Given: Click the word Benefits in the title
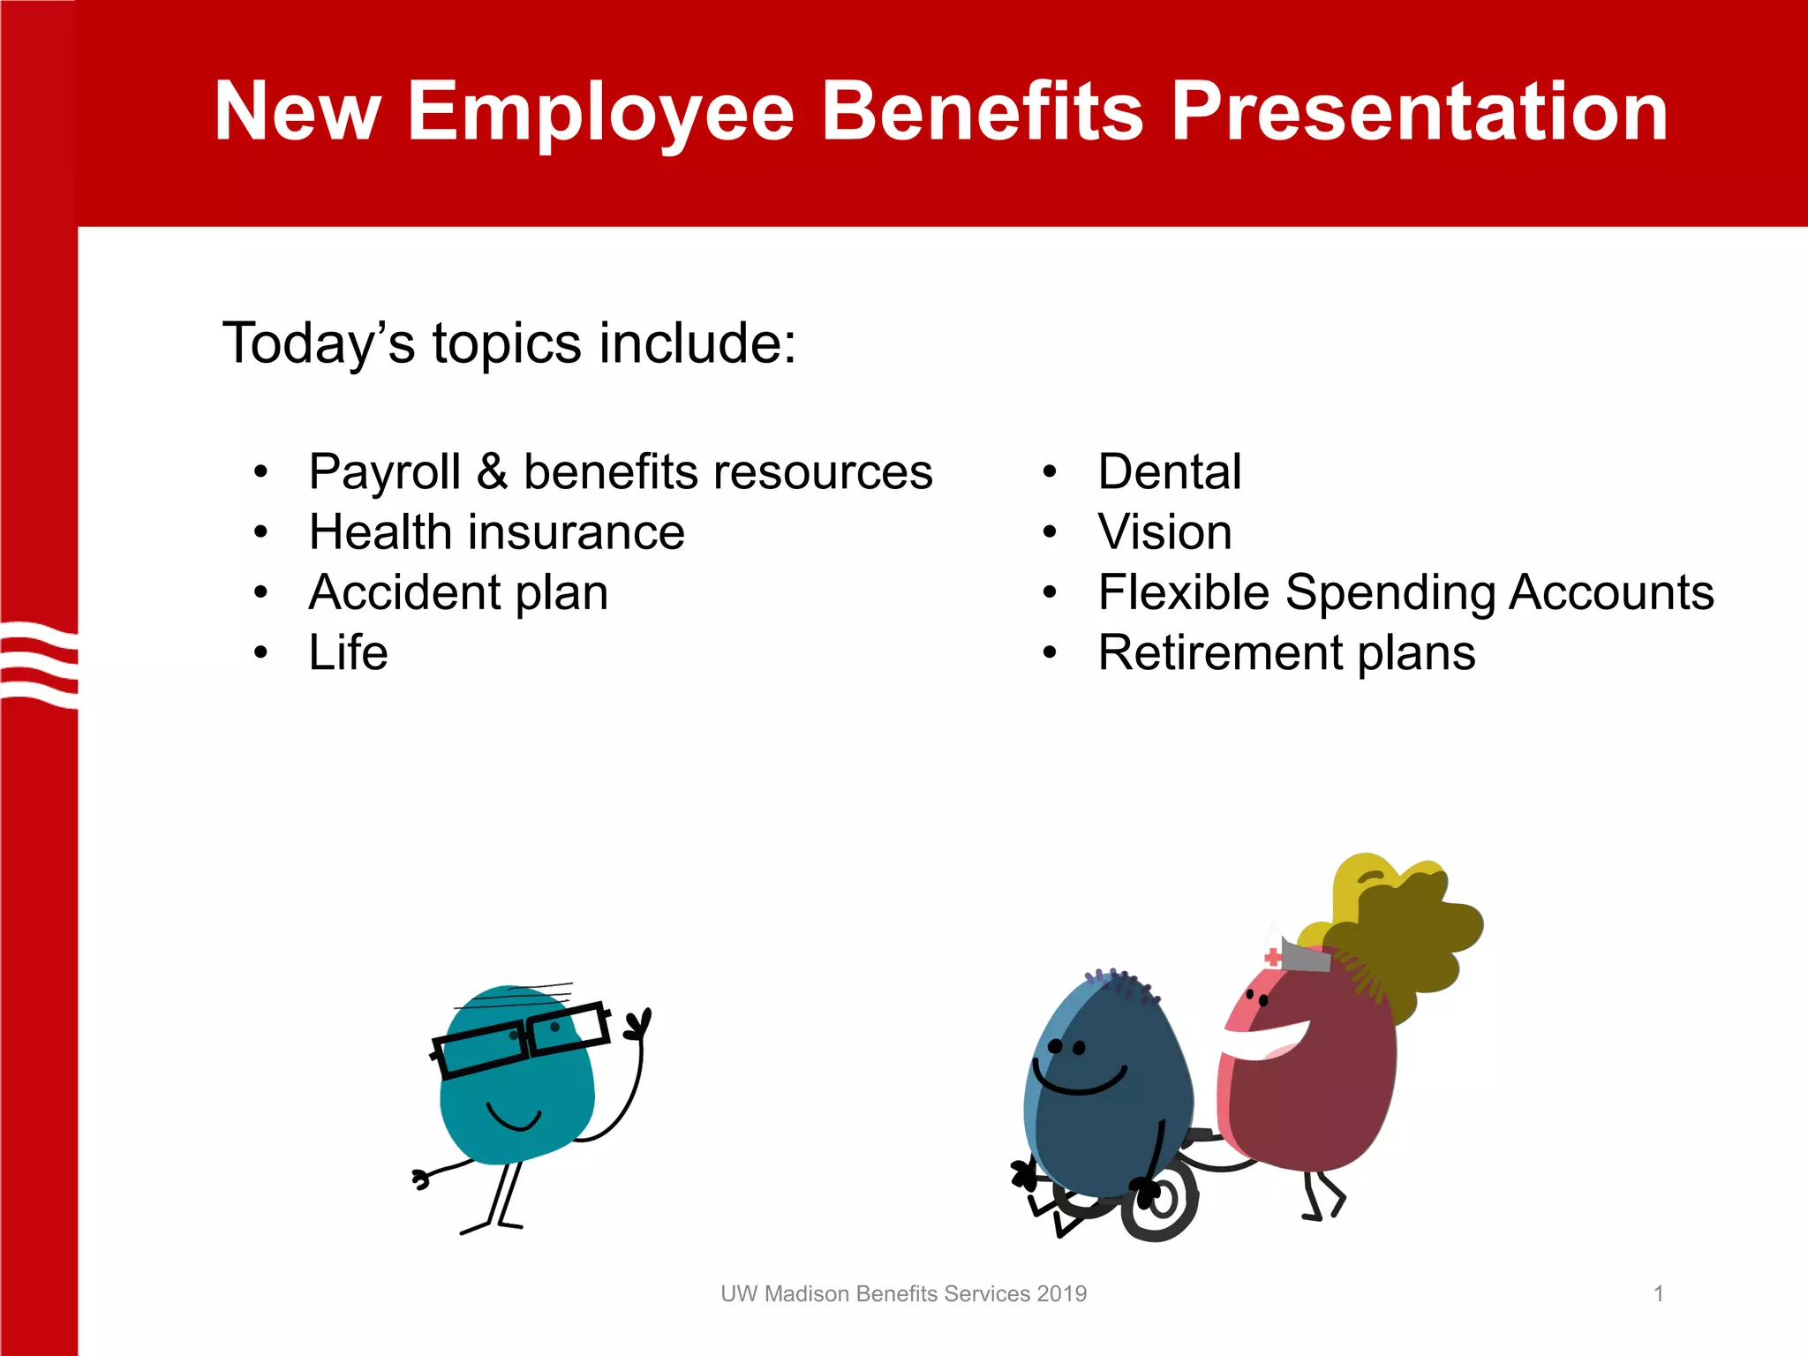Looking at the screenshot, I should tap(982, 113).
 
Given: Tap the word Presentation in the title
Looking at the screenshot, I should tap(1419, 113).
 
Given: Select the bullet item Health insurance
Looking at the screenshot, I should tap(496, 532).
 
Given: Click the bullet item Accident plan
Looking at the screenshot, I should tap(458, 592).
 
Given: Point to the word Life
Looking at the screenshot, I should tap(348, 653).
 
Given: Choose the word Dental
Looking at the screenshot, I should tap(1169, 472).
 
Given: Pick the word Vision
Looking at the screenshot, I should tap(1164, 532).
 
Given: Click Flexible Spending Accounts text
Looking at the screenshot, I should tap(1405, 592).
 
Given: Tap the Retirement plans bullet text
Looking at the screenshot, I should tap(1286, 653).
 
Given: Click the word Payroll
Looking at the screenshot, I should tap(385, 472).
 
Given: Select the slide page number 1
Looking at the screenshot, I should tap(1658, 1294).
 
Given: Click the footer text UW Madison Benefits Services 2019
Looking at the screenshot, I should tap(903, 1294).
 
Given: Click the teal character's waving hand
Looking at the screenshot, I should tap(638, 1024).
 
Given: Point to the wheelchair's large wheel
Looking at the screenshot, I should tap(1159, 1201).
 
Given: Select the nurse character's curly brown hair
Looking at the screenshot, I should tap(1412, 936).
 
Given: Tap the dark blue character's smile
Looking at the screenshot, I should tap(1080, 1082).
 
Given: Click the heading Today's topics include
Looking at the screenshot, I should tap(508, 343).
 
